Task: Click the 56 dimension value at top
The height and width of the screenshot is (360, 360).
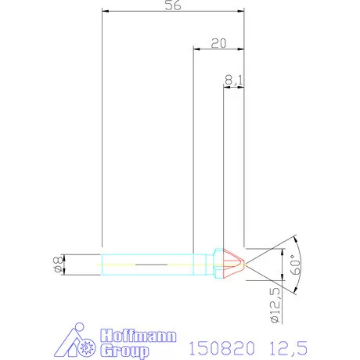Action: point(175,5)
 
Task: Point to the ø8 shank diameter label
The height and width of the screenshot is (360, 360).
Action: point(56,265)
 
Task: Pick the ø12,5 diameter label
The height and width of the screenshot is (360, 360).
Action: point(275,304)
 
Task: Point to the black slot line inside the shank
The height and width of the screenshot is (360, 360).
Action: point(151,266)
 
